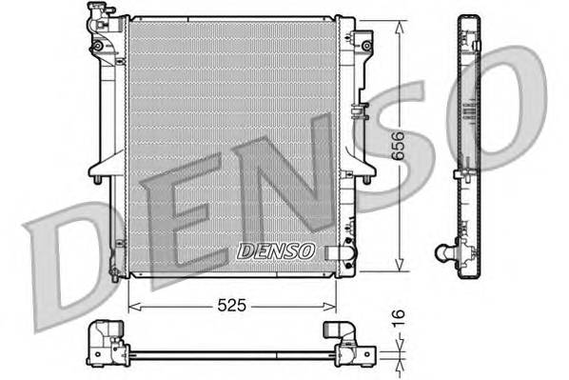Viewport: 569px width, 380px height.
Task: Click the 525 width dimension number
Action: tap(230, 307)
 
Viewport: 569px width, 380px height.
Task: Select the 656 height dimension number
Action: tap(409, 145)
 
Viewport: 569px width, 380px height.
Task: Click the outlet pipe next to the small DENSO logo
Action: tap(336, 252)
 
